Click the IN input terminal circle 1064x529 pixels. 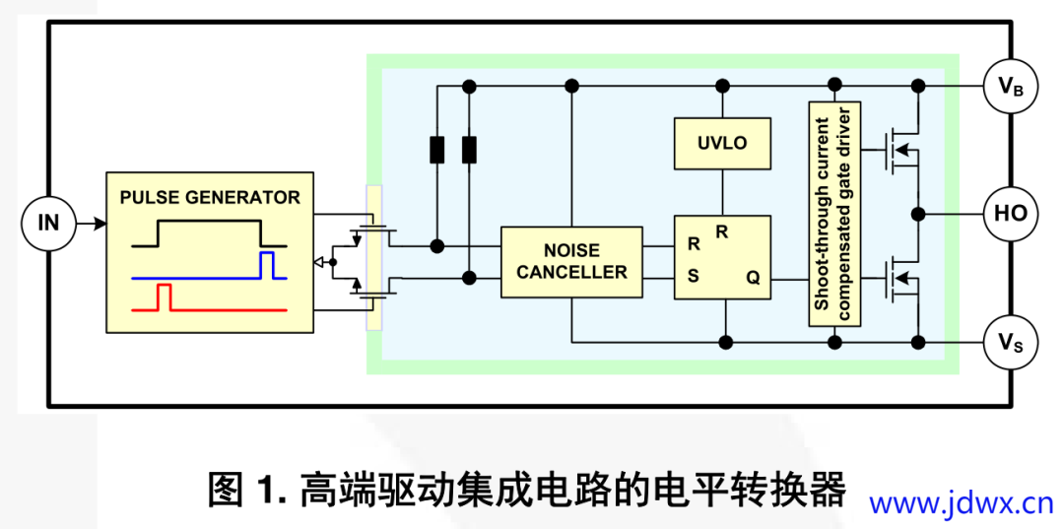coord(48,223)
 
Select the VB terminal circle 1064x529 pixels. coord(1011,87)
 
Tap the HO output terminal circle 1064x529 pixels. coord(1011,213)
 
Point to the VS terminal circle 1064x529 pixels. coord(1011,343)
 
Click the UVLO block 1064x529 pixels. coord(722,143)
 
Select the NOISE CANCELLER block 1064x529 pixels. coord(571,262)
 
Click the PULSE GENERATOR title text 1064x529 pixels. coord(210,197)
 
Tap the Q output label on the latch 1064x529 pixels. coord(753,279)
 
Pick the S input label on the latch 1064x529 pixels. coord(694,277)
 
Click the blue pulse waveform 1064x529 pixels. coord(265,268)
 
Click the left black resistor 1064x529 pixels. coord(437,150)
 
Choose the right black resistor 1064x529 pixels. coord(470,150)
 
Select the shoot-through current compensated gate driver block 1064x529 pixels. coord(834,213)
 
